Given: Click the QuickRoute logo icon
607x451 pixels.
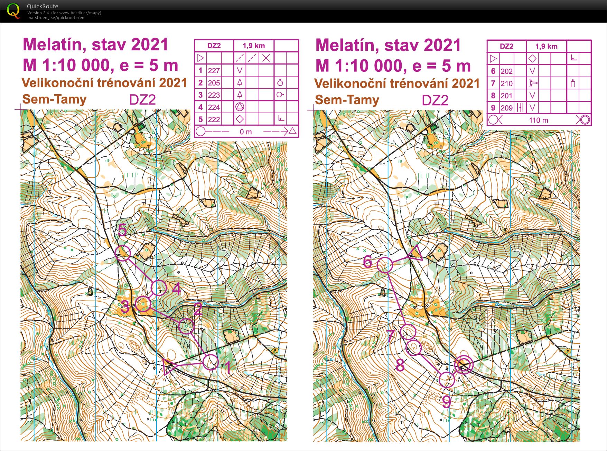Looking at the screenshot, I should point(13,11).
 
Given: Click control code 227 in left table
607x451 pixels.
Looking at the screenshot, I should point(214,71).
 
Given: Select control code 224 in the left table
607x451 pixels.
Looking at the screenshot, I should point(214,107).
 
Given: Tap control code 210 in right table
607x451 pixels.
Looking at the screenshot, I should point(506,84).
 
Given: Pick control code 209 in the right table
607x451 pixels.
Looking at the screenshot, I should point(506,108).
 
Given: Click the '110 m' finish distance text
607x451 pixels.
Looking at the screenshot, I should point(538,120).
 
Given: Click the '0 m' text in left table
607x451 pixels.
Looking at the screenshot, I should point(245,132).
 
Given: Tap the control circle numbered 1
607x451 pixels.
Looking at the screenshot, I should point(211,362).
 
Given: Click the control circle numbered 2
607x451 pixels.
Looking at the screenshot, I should point(186,326).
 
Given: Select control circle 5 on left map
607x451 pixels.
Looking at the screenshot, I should point(122,253).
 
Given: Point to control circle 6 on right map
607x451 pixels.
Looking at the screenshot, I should point(385,265).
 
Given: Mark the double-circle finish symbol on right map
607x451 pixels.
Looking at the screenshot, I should point(463,365).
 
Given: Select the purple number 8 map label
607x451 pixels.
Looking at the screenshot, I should point(400,365).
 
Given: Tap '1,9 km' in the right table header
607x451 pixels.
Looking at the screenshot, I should point(546,47).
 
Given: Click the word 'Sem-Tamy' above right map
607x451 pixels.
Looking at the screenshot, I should point(347,100).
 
